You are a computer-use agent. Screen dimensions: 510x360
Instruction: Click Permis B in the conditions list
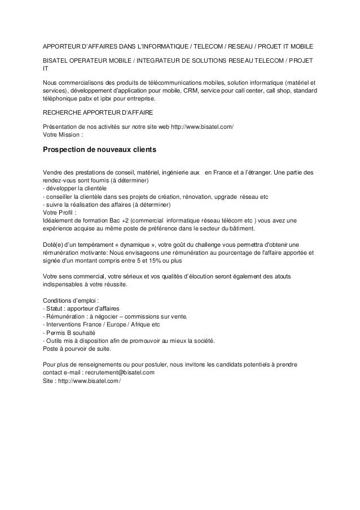point(61,334)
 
